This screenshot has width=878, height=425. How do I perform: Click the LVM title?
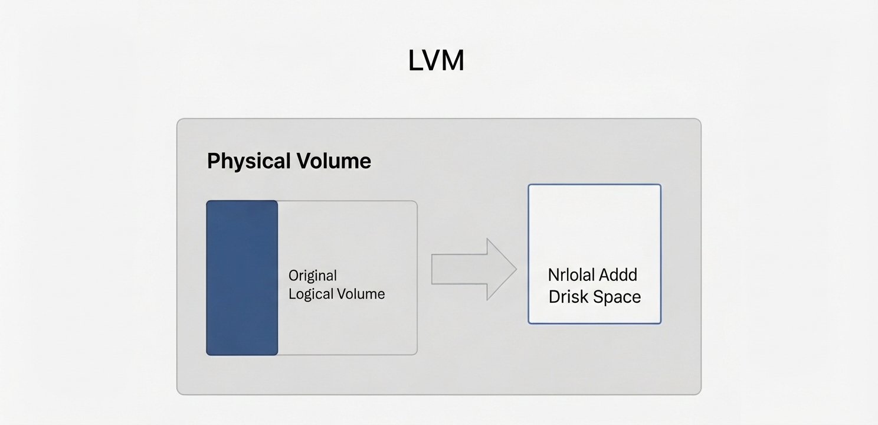pyautogui.click(x=436, y=60)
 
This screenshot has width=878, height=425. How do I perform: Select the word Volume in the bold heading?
pyautogui.click(x=333, y=161)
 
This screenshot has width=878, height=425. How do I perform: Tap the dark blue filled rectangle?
pyautogui.click(x=243, y=278)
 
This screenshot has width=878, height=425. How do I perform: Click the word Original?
pyautogui.click(x=313, y=276)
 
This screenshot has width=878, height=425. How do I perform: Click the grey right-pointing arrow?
pyautogui.click(x=474, y=269)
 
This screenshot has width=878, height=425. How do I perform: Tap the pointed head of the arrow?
pyautogui.click(x=516, y=269)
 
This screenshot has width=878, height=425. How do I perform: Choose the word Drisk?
pyautogui.click(x=569, y=297)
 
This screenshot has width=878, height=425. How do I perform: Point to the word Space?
pyautogui.click(x=617, y=297)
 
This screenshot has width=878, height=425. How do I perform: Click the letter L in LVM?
pyautogui.click(x=415, y=60)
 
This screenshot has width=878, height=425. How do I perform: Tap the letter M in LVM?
pyautogui.click(x=454, y=60)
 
